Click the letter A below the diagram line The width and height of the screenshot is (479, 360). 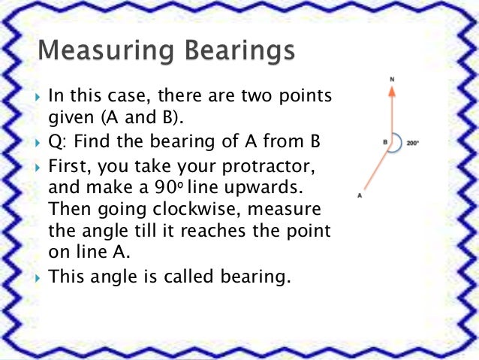pyautogui.click(x=360, y=195)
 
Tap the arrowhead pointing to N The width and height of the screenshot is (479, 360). pyautogui.click(x=390, y=89)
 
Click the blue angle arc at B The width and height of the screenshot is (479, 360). pyautogui.click(x=399, y=143)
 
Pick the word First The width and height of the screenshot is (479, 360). pyautogui.click(x=68, y=165)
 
